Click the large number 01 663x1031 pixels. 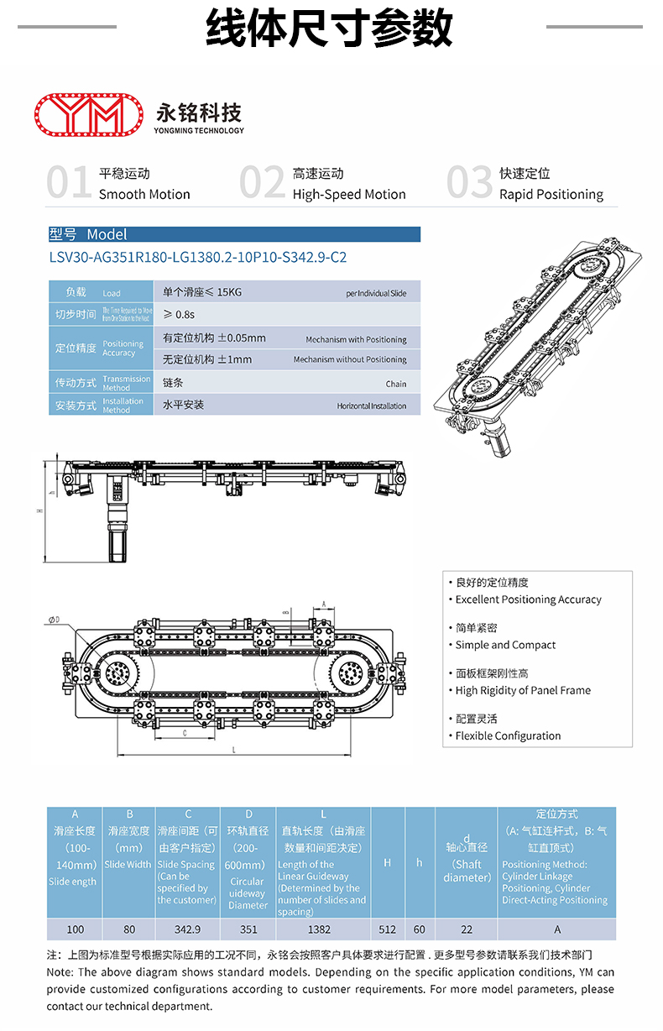pos(69,183)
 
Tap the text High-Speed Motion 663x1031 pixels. pos(349,195)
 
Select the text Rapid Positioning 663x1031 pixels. pos(551,195)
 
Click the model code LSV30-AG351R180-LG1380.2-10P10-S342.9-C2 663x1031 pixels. pos(198,258)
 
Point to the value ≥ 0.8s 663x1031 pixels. pos(179,314)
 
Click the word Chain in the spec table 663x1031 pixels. pos(396,385)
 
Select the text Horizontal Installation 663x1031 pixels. pos(372,406)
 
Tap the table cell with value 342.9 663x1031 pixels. pos(187,929)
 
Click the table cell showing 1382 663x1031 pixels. pos(319,929)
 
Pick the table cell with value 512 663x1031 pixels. pos(387,929)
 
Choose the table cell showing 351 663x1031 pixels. pos(248,929)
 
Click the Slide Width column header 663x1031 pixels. pos(128,864)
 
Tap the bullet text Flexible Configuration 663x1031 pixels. pos(508,736)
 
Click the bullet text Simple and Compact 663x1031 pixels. pos(505,646)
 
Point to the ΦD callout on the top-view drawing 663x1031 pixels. pos(55,620)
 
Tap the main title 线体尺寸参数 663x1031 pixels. pos(330,29)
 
